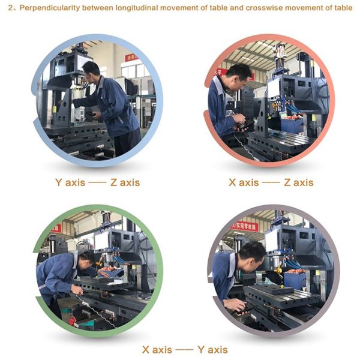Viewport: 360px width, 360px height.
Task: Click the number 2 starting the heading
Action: point(9,8)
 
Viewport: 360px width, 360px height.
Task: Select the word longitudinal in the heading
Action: point(133,8)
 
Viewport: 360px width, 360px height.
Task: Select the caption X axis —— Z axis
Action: point(271,182)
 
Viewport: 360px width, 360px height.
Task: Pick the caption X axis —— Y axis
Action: point(184,349)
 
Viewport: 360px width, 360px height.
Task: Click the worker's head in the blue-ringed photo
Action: point(91,70)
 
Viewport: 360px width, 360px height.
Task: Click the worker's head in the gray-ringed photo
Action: point(251,251)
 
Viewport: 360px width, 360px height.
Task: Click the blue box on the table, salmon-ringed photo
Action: point(292,125)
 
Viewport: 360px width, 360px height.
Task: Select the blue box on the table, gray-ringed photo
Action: point(296,280)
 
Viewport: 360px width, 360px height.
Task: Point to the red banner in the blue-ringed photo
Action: point(131,58)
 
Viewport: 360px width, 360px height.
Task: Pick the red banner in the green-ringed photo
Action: point(56,229)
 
